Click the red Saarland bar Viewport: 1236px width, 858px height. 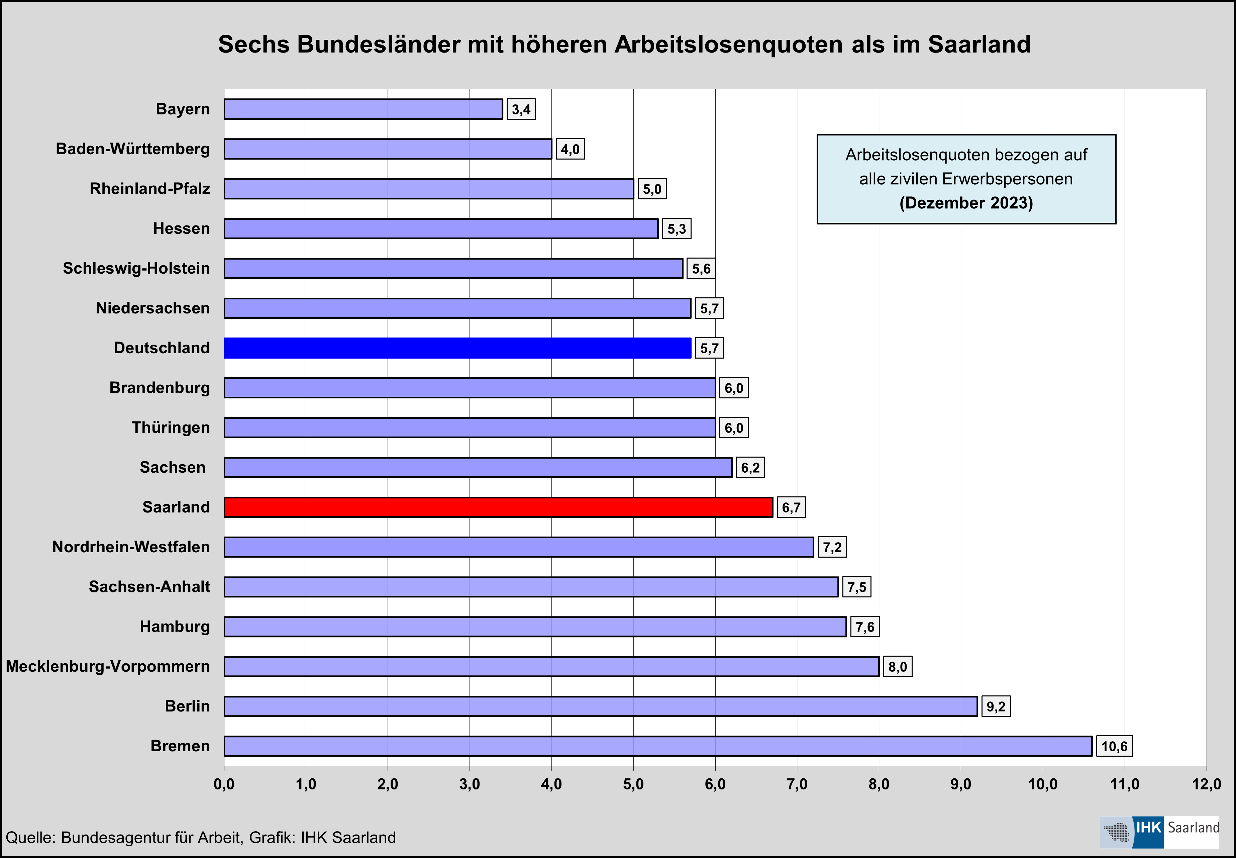(498, 507)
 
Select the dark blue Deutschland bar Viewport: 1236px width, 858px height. (457, 348)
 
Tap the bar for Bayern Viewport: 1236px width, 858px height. (363, 109)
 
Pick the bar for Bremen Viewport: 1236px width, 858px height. (658, 746)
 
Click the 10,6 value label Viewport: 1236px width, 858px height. (1114, 746)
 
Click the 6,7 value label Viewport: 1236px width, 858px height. (791, 507)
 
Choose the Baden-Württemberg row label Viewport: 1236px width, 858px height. (133, 149)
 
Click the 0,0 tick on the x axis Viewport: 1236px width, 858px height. (224, 784)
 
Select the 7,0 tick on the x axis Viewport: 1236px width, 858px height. (797, 784)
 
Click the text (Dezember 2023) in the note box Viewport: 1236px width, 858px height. (966, 203)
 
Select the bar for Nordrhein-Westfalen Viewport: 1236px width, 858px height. (519, 547)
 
